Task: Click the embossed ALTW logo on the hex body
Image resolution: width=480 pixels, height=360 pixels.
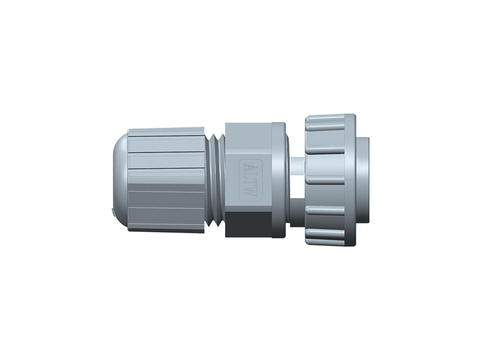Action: (x=248, y=179)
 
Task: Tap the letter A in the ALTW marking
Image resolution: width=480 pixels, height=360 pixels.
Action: (x=248, y=166)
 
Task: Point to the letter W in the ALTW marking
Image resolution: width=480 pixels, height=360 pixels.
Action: (x=248, y=193)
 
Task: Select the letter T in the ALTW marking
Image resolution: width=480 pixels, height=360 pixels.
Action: (x=248, y=182)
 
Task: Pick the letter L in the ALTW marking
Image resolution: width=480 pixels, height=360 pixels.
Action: (x=248, y=174)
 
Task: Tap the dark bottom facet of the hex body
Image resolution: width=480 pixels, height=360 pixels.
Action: (x=248, y=223)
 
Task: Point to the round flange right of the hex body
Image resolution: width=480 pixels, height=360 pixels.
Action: (x=280, y=180)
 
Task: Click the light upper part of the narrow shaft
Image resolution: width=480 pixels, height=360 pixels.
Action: (x=296, y=165)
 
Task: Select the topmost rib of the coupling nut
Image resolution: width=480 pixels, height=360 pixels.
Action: (x=325, y=123)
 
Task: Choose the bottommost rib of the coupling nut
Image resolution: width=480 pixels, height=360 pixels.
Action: (x=325, y=239)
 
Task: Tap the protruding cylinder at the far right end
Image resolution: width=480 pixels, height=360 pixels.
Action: (x=362, y=180)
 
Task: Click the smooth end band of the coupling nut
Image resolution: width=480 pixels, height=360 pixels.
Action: (x=351, y=180)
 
